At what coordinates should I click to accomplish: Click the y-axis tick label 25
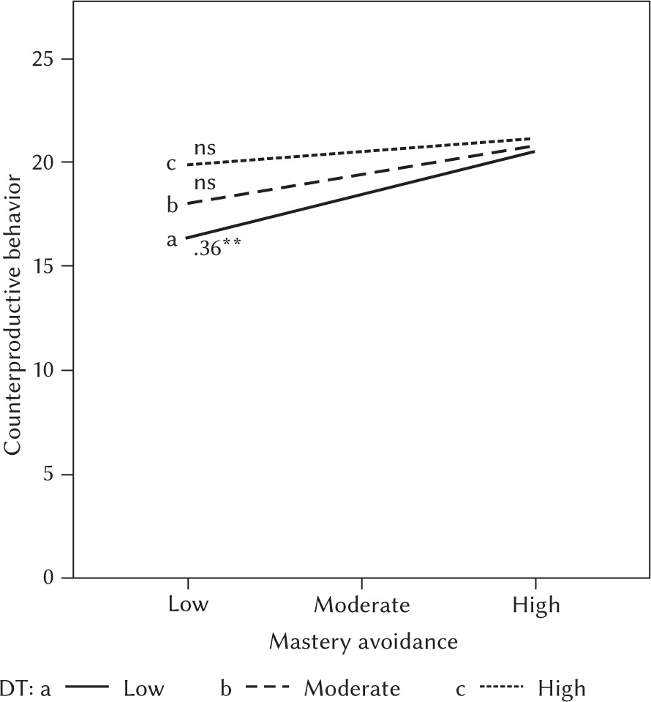43,58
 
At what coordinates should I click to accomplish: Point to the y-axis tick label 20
43,162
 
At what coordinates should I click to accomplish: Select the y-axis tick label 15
43,266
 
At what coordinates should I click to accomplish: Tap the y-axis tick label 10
43,370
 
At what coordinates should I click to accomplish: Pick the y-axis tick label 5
49,475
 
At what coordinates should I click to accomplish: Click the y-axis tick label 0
49,578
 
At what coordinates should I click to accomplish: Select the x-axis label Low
189,605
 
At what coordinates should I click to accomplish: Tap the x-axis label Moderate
362,605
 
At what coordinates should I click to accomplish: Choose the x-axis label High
536,605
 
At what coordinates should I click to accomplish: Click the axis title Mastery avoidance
364,641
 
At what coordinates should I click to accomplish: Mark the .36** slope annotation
217,253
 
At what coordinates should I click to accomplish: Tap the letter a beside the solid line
172,239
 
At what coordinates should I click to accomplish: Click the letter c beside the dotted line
172,163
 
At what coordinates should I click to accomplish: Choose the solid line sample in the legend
86,687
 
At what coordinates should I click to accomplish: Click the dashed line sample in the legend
268,687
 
